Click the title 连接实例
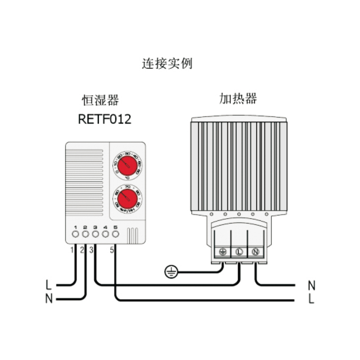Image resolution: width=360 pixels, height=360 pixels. coord(167,63)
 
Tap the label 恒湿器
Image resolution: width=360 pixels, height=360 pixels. coord(100,99)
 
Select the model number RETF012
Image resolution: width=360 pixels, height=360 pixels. coord(104,120)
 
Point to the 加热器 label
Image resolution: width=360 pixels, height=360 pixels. coord(238,99)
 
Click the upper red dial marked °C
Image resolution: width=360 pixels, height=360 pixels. coord(128,164)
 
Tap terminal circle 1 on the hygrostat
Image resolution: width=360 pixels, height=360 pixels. coord(75,234)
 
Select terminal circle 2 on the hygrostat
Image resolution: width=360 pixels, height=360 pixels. coord(85,234)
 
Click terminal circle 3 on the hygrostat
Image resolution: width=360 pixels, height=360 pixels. coord(95,234)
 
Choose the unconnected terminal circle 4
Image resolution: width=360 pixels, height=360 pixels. coord(105,234)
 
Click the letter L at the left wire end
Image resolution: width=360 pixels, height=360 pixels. coord(49,284)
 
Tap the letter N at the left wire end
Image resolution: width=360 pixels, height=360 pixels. coord(49,298)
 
